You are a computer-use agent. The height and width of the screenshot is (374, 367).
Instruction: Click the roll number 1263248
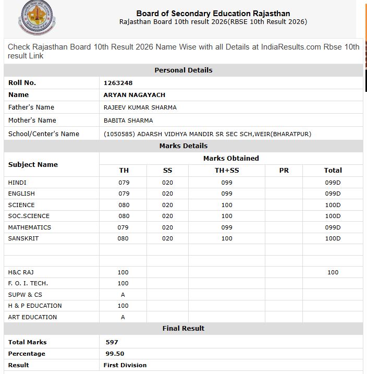click(x=118, y=82)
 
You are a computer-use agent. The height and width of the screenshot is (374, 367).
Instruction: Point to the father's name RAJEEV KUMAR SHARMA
click(x=140, y=107)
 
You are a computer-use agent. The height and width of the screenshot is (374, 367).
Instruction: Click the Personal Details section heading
click(x=184, y=70)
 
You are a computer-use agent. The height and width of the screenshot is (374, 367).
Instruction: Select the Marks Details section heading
click(x=184, y=146)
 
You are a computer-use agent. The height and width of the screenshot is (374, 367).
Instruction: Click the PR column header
click(x=284, y=171)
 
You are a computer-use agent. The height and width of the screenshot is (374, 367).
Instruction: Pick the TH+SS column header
click(x=227, y=171)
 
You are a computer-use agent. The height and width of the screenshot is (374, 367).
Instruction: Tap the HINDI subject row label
click(x=17, y=183)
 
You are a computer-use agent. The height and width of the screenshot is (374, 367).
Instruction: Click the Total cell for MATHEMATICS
click(x=333, y=227)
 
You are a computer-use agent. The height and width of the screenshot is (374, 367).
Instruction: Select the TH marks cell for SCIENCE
click(x=124, y=205)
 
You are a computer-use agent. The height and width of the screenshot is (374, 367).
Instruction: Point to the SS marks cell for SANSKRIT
click(x=167, y=238)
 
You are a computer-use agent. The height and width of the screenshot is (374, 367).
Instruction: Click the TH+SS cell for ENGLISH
click(x=227, y=194)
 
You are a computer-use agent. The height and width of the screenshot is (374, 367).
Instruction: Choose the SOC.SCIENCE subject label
click(x=29, y=216)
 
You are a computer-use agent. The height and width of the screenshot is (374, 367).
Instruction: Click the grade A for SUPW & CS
click(x=123, y=295)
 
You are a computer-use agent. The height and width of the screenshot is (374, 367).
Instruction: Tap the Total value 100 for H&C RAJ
click(x=333, y=272)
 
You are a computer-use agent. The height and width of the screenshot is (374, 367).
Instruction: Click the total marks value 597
click(x=112, y=342)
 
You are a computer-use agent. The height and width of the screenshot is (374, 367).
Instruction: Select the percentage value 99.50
click(x=114, y=354)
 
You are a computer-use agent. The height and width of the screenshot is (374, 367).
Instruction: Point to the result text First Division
click(x=125, y=365)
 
